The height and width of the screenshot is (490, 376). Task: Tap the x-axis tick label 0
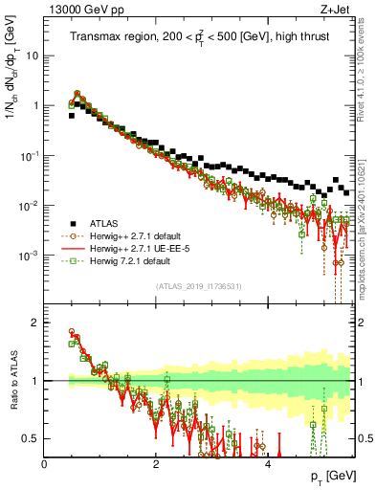[x=44, y=464]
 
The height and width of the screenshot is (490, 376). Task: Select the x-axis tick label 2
[x=156, y=464]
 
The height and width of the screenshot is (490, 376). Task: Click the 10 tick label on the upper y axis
[x=33, y=56]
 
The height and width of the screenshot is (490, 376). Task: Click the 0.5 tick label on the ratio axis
[x=32, y=438]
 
